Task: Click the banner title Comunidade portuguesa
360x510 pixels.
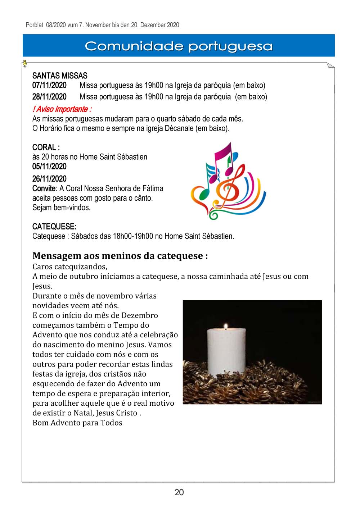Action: click(x=179, y=46)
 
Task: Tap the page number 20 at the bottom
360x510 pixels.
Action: click(x=179, y=492)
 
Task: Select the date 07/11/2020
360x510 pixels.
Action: click(x=49, y=85)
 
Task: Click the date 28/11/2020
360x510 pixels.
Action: click(x=49, y=97)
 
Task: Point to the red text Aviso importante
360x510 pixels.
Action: click(x=62, y=109)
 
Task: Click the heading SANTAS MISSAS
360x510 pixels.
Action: click(x=60, y=76)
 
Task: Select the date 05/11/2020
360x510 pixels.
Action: click(x=49, y=167)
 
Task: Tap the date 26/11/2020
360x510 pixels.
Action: click(x=49, y=179)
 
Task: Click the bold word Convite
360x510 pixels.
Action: click(x=44, y=188)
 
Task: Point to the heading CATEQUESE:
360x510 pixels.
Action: click(x=54, y=227)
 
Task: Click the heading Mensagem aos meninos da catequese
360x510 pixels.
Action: click(x=120, y=256)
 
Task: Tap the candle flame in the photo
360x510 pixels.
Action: click(x=226, y=326)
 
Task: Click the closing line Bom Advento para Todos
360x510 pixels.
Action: click(x=77, y=423)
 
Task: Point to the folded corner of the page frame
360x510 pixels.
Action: click(x=330, y=65)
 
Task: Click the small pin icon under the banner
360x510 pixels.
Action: click(x=24, y=64)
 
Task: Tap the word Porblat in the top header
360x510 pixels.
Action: click(x=35, y=25)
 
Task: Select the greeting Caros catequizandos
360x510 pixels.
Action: click(x=69, y=267)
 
